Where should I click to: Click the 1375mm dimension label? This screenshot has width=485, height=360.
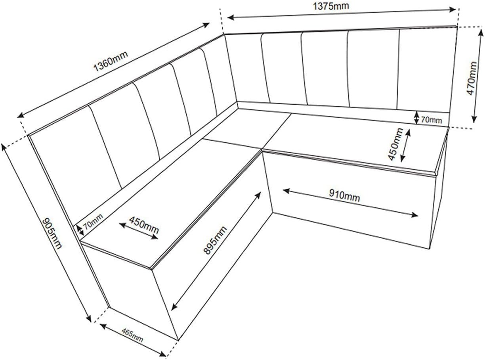[x=331, y=6]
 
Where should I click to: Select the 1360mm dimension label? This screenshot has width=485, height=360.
[x=111, y=61]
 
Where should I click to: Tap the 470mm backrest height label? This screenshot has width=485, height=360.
[x=472, y=78]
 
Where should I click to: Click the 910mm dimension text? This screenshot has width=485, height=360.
[x=344, y=195]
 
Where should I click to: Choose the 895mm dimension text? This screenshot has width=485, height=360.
[x=215, y=241]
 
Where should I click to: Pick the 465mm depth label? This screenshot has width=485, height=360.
[x=132, y=335]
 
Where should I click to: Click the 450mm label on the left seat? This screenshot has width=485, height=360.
[x=144, y=225]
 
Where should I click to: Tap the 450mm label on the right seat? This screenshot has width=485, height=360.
[x=395, y=144]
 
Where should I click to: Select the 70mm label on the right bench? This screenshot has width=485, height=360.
[x=431, y=120]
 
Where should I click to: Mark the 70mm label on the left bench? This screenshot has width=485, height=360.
[x=94, y=222]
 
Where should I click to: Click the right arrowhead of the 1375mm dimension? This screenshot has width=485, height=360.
[x=453, y=9]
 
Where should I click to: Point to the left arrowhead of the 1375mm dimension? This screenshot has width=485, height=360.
[x=231, y=17]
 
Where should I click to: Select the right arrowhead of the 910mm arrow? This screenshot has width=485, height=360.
[x=414, y=215]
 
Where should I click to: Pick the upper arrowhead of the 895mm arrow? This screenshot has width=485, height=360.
[x=258, y=195]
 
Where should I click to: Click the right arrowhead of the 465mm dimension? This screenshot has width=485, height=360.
[x=162, y=354]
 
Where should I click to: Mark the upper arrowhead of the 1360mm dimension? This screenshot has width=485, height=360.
[x=206, y=25]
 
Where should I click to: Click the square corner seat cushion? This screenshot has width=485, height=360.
[x=247, y=128]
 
